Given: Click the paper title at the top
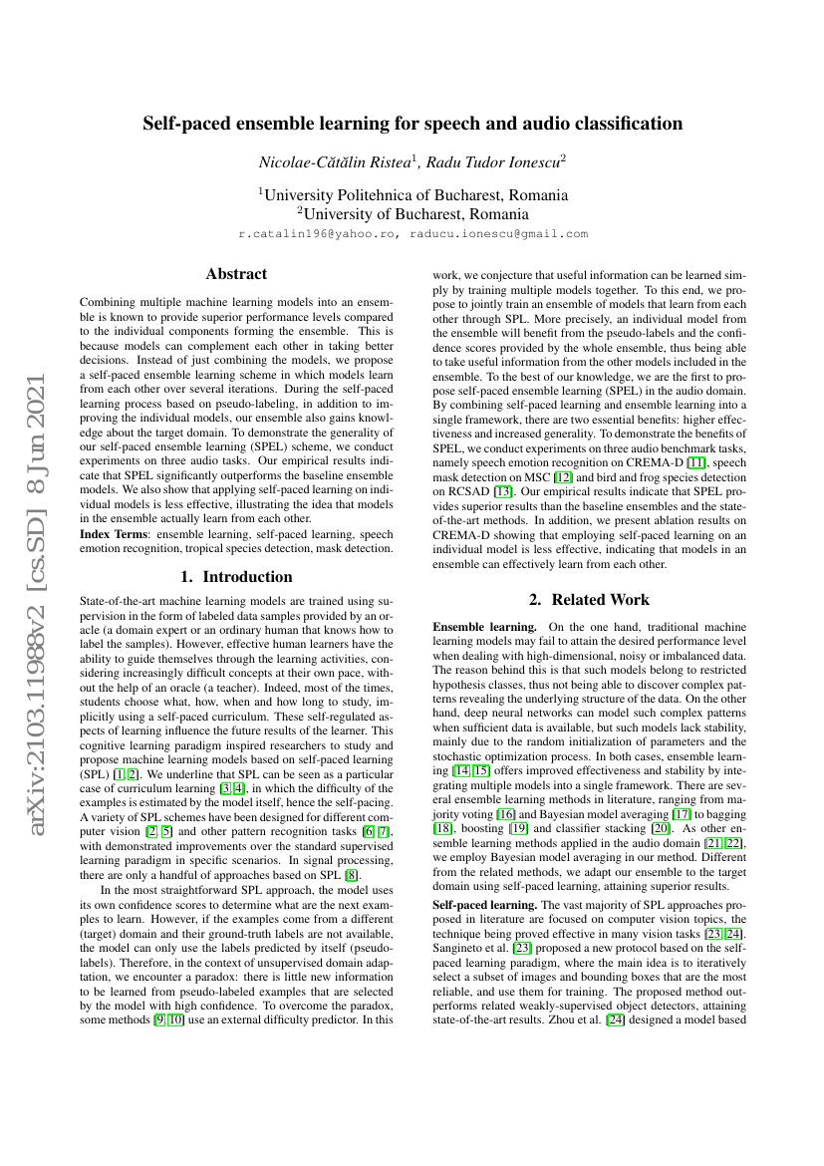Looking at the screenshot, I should [412, 124].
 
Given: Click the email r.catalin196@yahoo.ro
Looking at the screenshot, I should [319, 233].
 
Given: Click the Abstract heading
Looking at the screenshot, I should [236, 273].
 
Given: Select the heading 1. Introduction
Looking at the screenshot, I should [236, 576].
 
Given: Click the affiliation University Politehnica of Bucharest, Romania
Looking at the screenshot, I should [414, 194].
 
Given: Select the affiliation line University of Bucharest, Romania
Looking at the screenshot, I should [414, 213].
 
